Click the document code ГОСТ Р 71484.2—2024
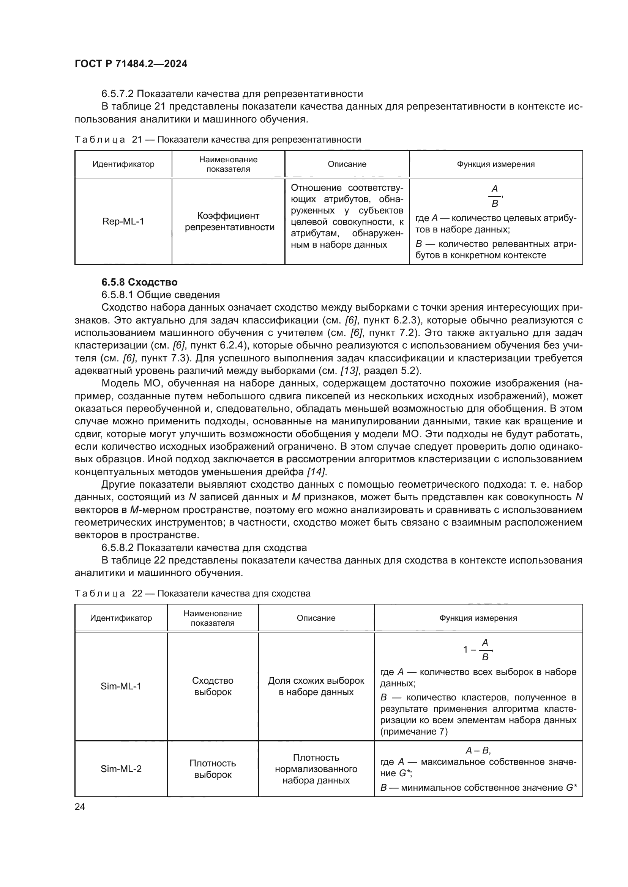pyautogui.click(x=131, y=64)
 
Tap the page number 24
pyautogui.click(x=80, y=807)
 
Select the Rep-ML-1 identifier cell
pyautogui.click(x=123, y=221)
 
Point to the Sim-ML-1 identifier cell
pyautogui.click(x=121, y=686)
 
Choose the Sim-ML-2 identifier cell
pyautogui.click(x=121, y=769)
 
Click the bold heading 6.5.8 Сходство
pyautogui.click(x=139, y=282)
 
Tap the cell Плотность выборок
pyautogui.click(x=213, y=769)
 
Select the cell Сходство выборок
pyautogui.click(x=213, y=686)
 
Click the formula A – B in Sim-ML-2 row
pyautogui.click(x=478, y=750)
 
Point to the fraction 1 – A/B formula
pyautogui.click(x=478, y=650)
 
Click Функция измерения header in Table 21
pyautogui.click(x=496, y=164)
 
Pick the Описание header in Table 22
pyautogui.click(x=316, y=618)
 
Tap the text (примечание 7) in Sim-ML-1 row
pyautogui.click(x=414, y=732)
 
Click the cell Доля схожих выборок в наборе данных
pyautogui.click(x=316, y=686)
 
